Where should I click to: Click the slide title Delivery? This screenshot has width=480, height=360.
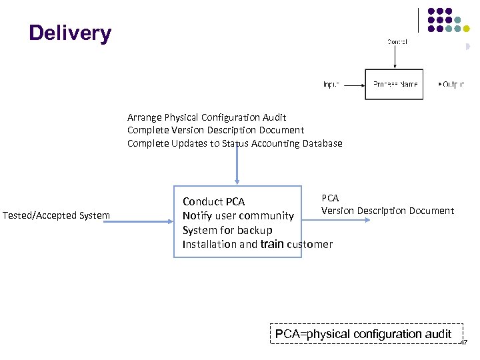tap(70, 33)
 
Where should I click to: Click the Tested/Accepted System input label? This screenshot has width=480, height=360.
tap(56, 215)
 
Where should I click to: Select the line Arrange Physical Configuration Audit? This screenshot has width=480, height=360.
tap(207, 117)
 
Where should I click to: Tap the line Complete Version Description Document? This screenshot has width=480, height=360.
tap(215, 130)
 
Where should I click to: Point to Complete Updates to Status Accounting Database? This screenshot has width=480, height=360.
tap(235, 143)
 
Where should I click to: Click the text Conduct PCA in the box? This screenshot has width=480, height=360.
tap(213, 201)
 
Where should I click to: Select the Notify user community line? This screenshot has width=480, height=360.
tap(238, 215)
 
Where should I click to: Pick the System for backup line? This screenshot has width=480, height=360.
tap(227, 230)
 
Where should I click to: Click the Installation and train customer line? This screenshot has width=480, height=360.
tap(257, 244)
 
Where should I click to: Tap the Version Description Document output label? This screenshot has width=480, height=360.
tap(387, 211)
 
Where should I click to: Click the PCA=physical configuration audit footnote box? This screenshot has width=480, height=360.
tap(363, 334)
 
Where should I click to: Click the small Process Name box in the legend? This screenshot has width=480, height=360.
tap(394, 85)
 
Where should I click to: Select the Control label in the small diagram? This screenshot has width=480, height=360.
tap(397, 42)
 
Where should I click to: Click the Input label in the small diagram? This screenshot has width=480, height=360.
tap(331, 85)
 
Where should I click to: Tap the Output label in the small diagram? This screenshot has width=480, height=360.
tap(453, 85)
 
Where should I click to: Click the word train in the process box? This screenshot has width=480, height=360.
tap(271, 244)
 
